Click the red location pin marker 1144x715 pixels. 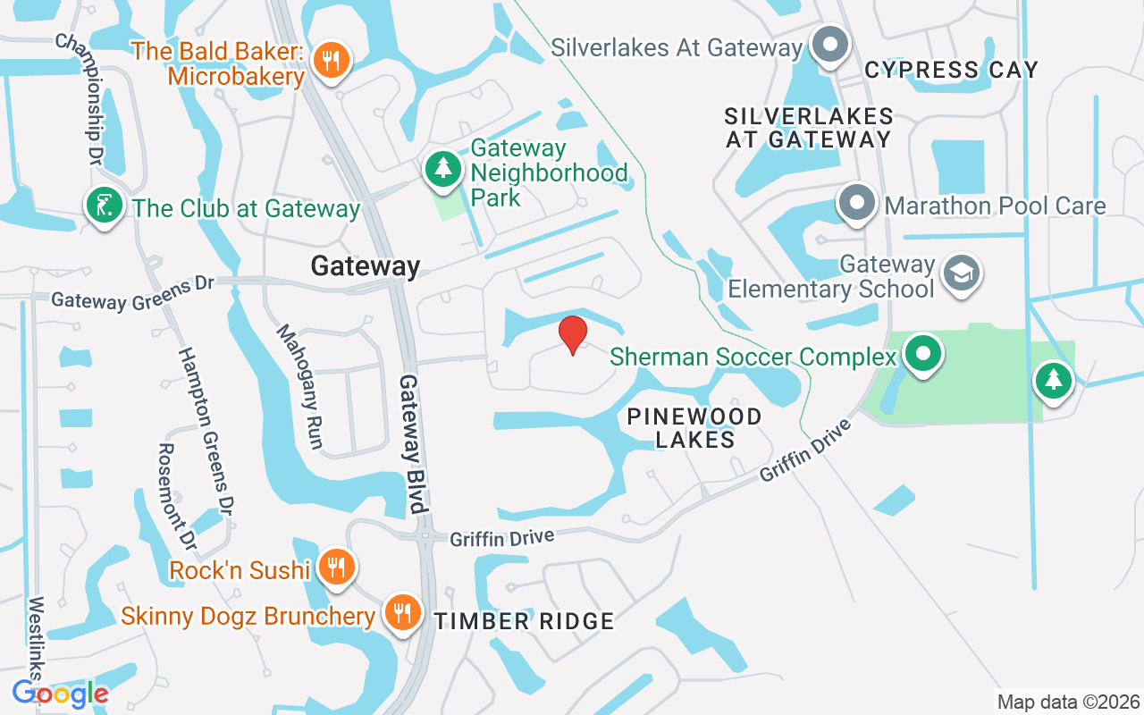pos(572,334)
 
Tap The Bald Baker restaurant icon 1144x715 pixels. pos(332,61)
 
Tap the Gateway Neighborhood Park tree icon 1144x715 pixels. pos(442,169)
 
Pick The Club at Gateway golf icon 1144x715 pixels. pos(105,206)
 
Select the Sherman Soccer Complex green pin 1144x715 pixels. pos(922,353)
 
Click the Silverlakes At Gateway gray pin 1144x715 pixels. pos(830,45)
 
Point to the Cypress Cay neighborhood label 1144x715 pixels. pos(952,70)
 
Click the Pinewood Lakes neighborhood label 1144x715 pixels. pos(694,428)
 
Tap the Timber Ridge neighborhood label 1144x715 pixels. pos(525,621)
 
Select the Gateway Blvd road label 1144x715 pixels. pos(411,442)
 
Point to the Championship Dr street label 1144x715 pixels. pos(79,99)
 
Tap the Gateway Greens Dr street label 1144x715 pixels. pos(133,293)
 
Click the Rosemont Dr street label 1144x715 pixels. pos(177,496)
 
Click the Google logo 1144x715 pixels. pos(60,693)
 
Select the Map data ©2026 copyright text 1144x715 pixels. pos(1069,702)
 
